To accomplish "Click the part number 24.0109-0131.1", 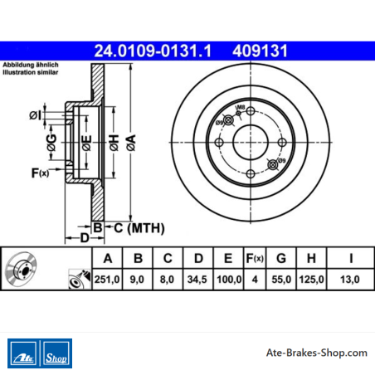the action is click(153, 51).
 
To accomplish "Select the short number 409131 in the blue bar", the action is click(260, 51).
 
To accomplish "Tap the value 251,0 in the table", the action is click(107, 280).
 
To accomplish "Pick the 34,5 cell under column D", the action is click(197, 280).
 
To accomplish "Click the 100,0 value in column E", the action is click(229, 280).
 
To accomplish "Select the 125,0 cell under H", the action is click(311, 280).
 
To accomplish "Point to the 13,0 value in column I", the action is click(350, 280).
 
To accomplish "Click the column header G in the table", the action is click(281, 258).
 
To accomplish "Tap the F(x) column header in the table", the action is click(255, 258).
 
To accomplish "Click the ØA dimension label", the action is click(131, 143).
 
